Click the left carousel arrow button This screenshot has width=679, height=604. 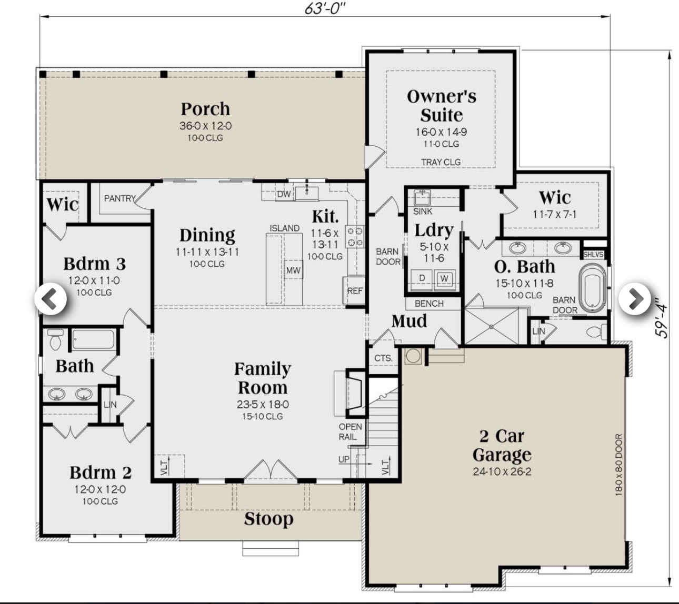[x=51, y=299]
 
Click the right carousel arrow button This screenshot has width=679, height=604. [x=635, y=299]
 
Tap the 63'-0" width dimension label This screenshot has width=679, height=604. [x=326, y=8]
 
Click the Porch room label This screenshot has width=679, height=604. [x=205, y=109]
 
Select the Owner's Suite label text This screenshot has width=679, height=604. [x=441, y=105]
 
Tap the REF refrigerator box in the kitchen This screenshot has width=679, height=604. [x=355, y=290]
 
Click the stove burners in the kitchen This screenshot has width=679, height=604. [x=354, y=236]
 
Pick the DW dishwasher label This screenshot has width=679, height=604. [x=284, y=194]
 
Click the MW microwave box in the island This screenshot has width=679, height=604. [x=293, y=270]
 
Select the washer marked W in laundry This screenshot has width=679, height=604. [x=444, y=278]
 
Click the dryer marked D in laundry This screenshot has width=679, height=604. [x=422, y=278]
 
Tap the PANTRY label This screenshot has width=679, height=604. [x=119, y=198]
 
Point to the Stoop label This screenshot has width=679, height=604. [x=268, y=519]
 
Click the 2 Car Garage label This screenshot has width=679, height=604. [x=502, y=445]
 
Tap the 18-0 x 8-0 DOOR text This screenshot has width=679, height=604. [x=618, y=464]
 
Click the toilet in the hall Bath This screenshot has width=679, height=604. [x=55, y=340]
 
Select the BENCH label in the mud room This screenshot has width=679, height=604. [x=429, y=304]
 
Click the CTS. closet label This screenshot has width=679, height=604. [x=383, y=358]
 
